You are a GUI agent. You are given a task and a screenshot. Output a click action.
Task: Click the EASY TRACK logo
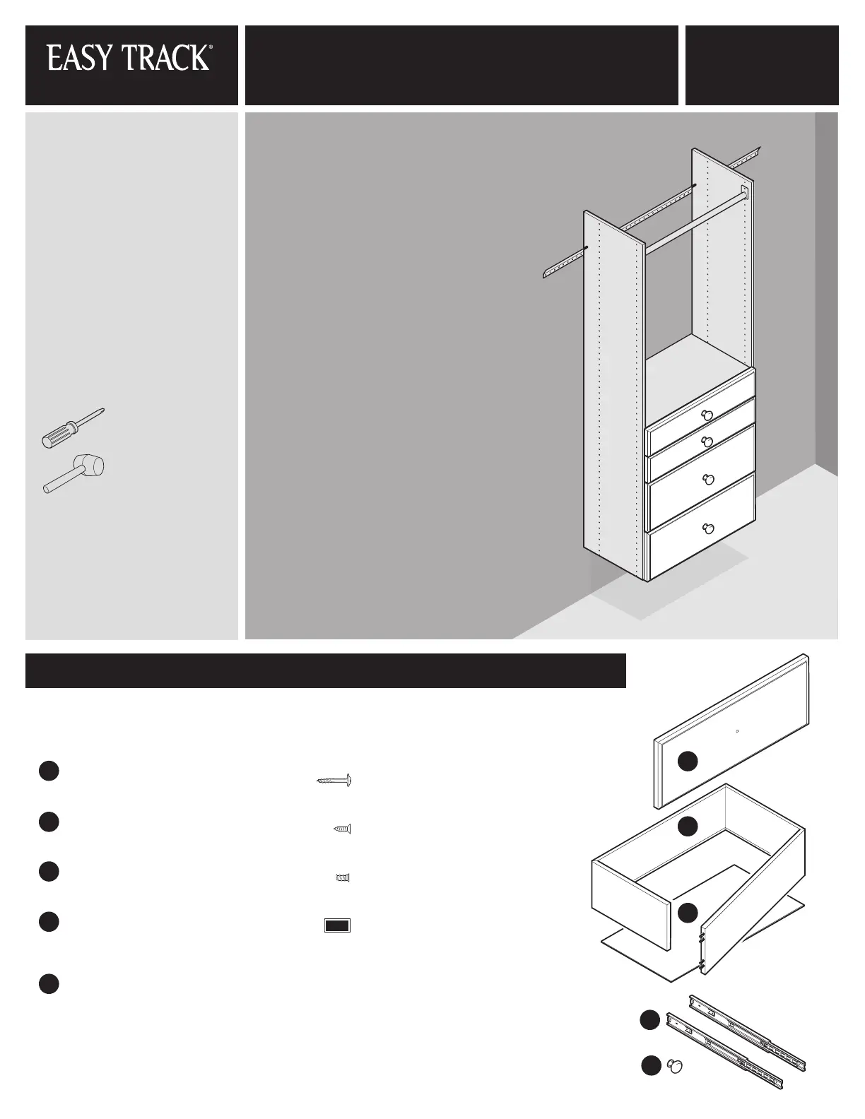click(129, 57)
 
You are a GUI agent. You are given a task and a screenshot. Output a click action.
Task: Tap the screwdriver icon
click(73, 428)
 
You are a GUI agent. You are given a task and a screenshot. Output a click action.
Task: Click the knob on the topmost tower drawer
click(707, 415)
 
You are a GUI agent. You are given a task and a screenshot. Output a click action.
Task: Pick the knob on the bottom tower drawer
click(708, 528)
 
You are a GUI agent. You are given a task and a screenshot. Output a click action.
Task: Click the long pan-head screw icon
click(334, 781)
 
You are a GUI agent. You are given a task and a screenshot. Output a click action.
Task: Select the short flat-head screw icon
click(342, 829)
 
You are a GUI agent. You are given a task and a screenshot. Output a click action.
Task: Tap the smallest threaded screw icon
click(343, 877)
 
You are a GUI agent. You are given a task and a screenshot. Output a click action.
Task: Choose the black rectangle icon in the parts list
click(337, 926)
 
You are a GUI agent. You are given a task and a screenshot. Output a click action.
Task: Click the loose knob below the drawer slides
click(675, 1067)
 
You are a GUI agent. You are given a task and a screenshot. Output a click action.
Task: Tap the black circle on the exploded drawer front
click(687, 761)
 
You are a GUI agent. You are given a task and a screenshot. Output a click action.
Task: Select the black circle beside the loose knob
click(651, 1066)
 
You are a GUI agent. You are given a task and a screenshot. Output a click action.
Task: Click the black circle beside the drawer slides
click(649, 1020)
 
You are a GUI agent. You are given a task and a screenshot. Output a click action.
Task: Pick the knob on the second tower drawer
click(707, 442)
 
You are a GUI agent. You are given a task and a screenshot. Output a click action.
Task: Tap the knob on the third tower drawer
click(709, 480)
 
